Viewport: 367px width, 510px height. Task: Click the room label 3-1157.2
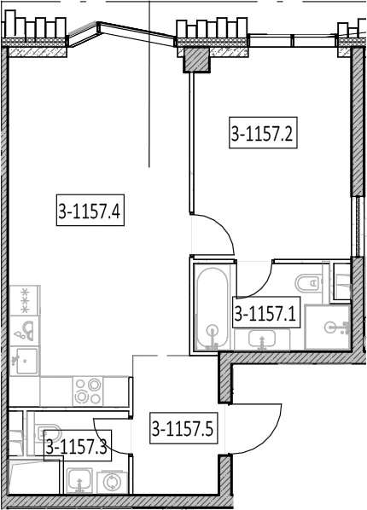(263, 133)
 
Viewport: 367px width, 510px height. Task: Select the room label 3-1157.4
(90, 210)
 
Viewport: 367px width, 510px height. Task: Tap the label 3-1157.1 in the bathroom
(266, 313)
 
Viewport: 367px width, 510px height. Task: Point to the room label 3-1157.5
(183, 428)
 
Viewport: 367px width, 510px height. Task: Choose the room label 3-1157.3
(78, 445)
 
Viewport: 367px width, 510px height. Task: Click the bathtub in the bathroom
(213, 309)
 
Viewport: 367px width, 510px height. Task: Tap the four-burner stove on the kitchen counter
(88, 391)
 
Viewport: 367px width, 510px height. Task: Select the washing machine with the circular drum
(112, 482)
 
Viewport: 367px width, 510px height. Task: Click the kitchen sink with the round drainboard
(25, 331)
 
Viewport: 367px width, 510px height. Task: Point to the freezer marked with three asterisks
(25, 300)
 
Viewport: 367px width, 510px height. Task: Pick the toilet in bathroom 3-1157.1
(308, 283)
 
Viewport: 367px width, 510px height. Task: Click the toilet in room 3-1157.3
(49, 432)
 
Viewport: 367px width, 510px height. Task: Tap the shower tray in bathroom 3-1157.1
(328, 327)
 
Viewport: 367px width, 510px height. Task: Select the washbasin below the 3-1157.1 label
(262, 339)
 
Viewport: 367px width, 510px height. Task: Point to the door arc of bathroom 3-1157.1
(261, 286)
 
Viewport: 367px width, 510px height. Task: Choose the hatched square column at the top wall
(196, 60)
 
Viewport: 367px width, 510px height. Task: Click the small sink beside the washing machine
(79, 481)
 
